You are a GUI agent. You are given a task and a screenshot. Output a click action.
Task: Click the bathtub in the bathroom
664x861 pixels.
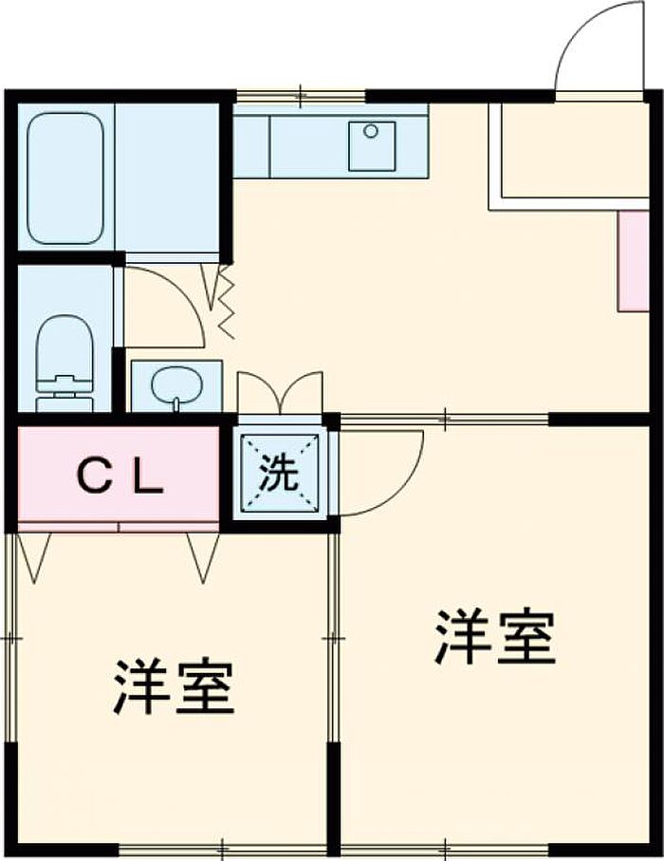[65, 178]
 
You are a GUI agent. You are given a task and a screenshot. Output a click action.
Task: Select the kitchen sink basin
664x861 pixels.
[372, 145]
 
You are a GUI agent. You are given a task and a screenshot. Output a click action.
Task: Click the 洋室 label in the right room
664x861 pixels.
[494, 638]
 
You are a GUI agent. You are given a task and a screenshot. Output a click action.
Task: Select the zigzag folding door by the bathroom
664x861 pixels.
[225, 302]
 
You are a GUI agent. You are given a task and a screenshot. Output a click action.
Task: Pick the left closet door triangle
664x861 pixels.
[34, 555]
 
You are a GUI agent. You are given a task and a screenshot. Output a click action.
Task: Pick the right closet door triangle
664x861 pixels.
[203, 555]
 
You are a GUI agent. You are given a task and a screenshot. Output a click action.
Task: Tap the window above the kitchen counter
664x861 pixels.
[300, 96]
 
